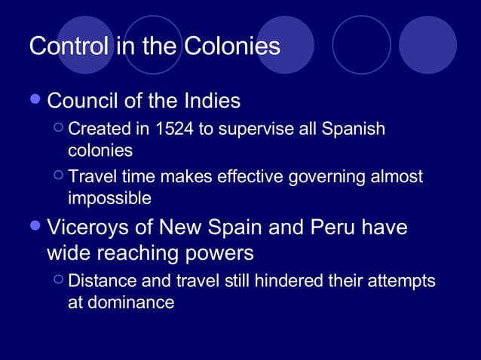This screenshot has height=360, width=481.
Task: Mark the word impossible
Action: (x=109, y=199)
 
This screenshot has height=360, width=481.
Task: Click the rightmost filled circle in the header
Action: (x=427, y=44)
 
